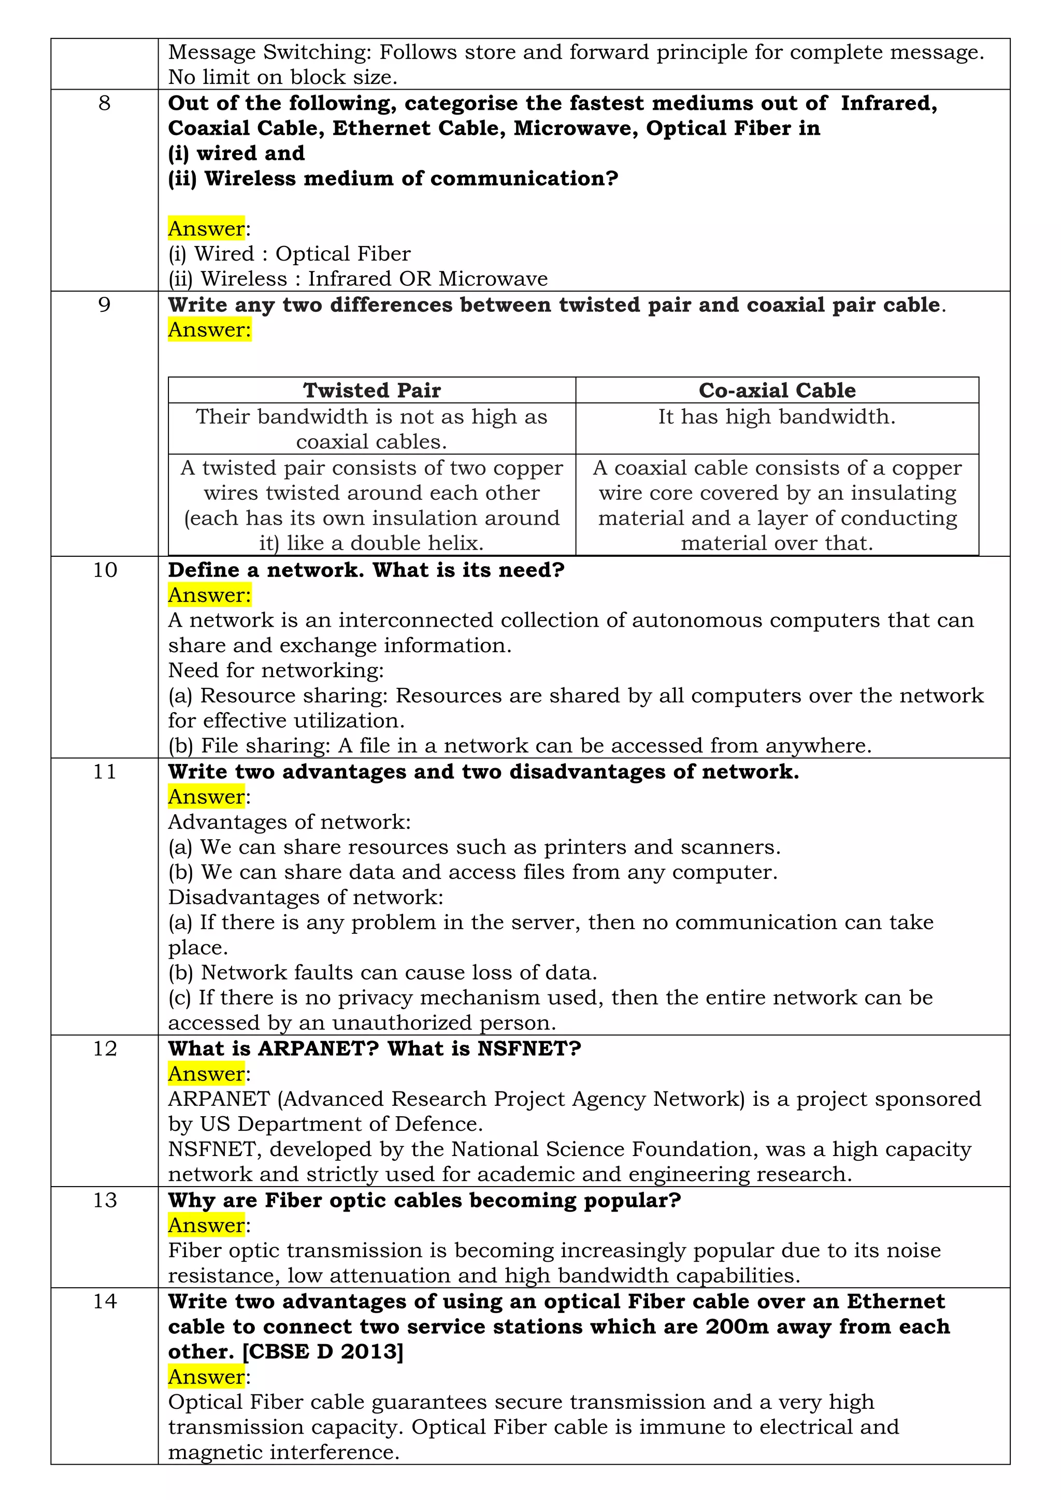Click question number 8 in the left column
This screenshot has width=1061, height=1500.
coord(105,103)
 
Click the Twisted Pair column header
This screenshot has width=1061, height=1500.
coord(372,390)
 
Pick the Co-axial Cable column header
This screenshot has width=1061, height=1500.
coord(777,390)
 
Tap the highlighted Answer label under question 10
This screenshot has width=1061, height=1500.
coord(209,595)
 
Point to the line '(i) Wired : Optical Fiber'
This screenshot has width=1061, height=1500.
coord(290,253)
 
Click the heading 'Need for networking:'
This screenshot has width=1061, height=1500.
coord(276,670)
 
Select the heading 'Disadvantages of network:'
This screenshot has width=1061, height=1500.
coord(306,898)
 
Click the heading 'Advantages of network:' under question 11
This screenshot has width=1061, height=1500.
coord(290,822)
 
